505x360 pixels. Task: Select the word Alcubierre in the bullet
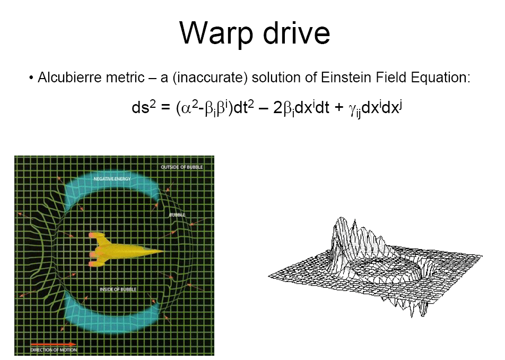65,78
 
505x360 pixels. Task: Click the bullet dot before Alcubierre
31,79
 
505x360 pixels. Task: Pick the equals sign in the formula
164,108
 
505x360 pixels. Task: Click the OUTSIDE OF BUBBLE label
181,167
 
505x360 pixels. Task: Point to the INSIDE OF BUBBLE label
118,289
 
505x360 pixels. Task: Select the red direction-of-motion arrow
53,344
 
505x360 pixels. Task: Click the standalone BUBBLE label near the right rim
177,215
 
